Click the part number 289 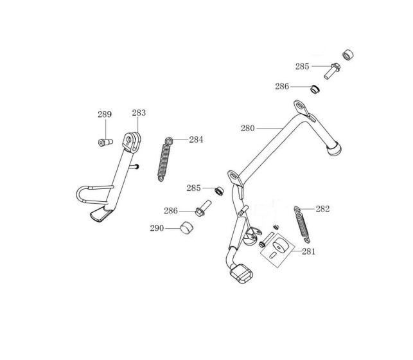point(105,114)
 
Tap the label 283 point(139,113)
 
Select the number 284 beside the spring point(196,139)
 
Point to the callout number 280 point(248,128)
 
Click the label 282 point(323,208)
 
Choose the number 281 point(309,251)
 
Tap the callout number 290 point(157,228)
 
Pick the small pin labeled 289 point(103,142)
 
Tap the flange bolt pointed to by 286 point(201,210)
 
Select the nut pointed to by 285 point(219,190)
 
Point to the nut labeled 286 point(315,88)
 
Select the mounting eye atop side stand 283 point(133,139)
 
